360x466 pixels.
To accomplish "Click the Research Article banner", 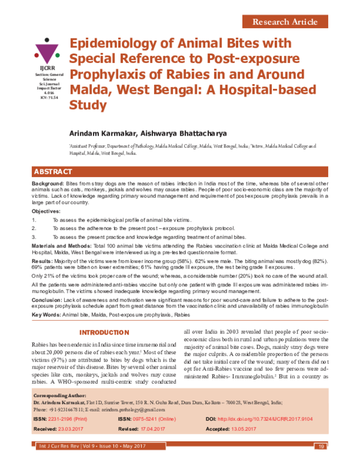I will (285, 22).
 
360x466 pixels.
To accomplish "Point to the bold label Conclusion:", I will (47, 298).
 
